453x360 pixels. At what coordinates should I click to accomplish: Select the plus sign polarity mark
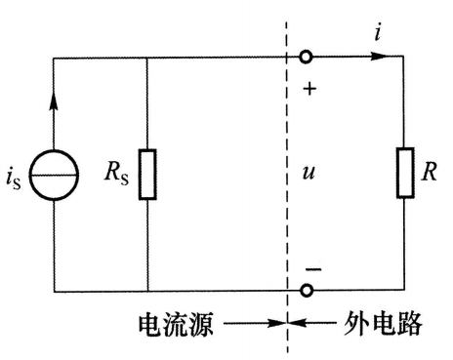pyautogui.click(x=310, y=88)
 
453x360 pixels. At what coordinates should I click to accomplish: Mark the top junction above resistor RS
pyautogui.click(x=146, y=57)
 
